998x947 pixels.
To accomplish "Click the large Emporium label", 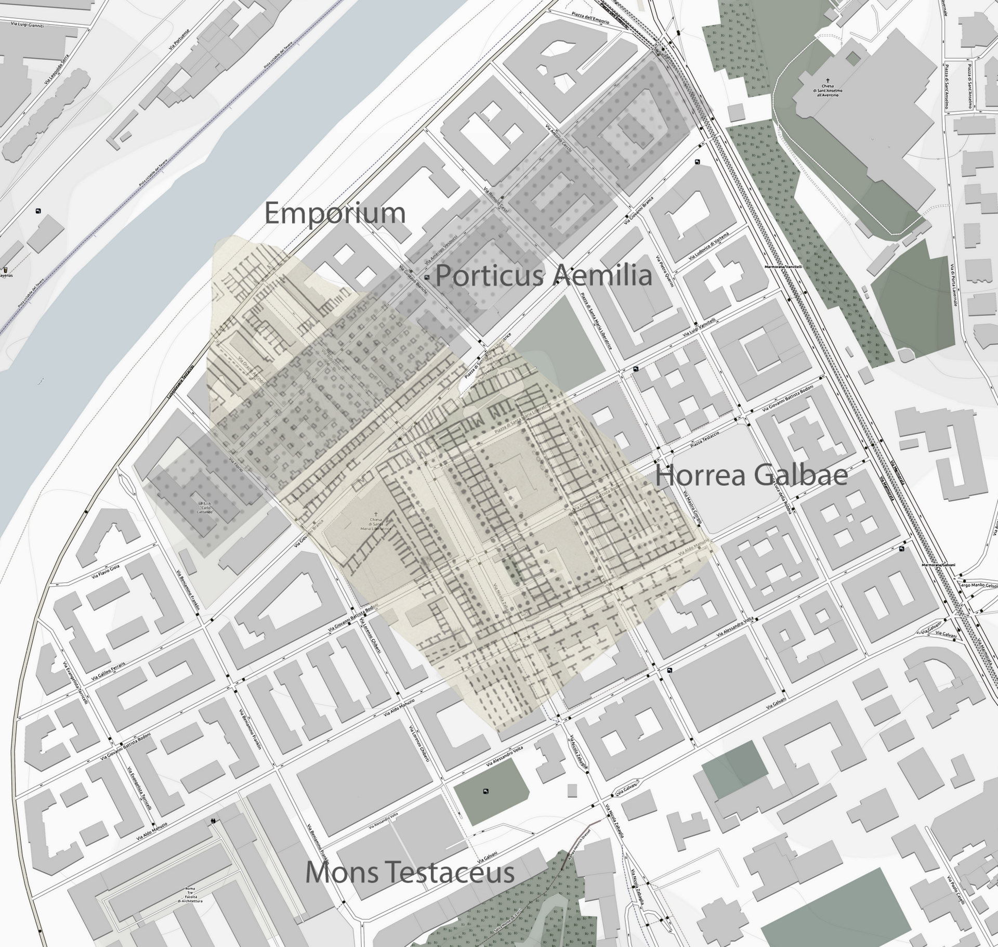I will point(335,213).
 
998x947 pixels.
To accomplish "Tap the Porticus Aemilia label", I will point(543,276).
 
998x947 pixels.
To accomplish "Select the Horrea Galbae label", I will point(751,475).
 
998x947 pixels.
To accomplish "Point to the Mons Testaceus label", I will point(410,872).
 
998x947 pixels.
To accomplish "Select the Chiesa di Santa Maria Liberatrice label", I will point(376,524).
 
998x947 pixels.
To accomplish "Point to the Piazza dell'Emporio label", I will point(590,18).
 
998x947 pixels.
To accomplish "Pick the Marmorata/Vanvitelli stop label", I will point(783,267).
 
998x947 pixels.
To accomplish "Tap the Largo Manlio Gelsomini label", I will point(978,586).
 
